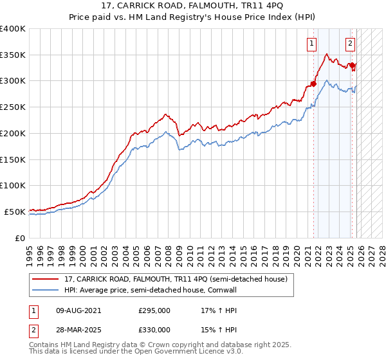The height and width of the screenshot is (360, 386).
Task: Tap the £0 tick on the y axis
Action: (19, 237)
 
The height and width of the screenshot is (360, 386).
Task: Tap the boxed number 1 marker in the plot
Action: (312, 44)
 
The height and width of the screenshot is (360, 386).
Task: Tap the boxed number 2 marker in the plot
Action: (350, 44)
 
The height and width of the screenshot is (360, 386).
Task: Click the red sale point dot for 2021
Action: (314, 83)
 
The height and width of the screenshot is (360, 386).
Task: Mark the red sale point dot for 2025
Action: (353, 65)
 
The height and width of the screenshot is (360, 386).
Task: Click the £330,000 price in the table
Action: (154, 329)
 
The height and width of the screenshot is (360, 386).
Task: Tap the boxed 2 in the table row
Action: (33, 329)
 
